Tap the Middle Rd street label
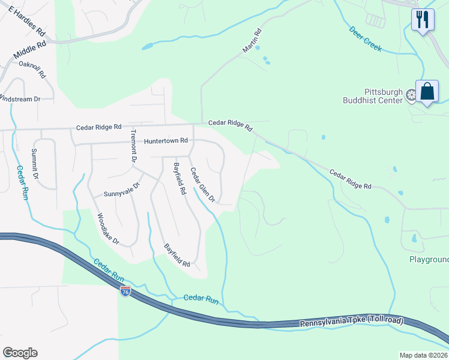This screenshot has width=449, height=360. (29, 53)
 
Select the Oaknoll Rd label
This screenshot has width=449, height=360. (32, 69)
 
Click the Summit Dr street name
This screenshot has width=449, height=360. (34, 164)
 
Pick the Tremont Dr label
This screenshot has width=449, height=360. (133, 146)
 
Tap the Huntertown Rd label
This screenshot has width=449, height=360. (166, 140)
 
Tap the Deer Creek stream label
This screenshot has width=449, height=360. (365, 38)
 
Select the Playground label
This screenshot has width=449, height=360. (429, 259)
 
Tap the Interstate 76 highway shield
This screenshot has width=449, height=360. (125, 291)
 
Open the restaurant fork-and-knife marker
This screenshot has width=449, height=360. (423, 19)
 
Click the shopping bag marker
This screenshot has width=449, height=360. (427, 92)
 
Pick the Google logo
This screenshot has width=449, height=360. (20, 353)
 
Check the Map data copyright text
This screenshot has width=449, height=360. (424, 355)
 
